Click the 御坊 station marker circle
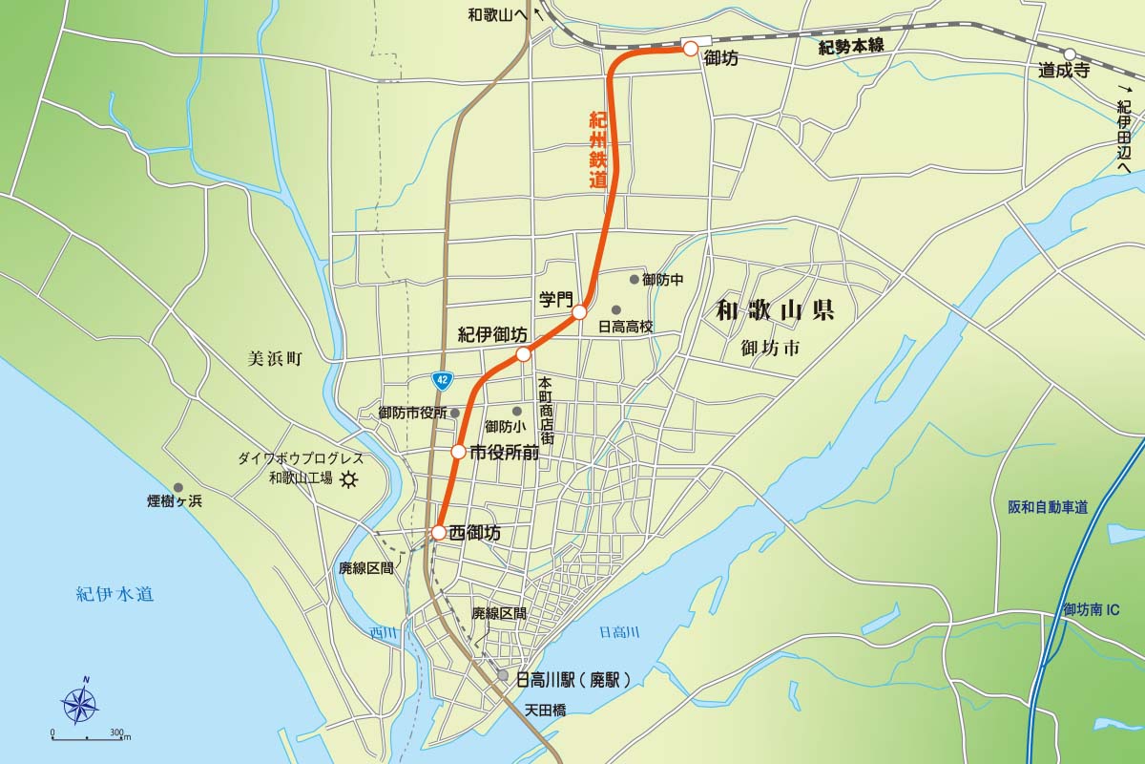[x=690, y=49]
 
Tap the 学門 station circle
[x=578, y=312]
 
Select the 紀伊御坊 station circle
[x=523, y=354]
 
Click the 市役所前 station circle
[x=458, y=452]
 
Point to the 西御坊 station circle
[x=438, y=532]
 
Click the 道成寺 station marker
[x=1071, y=54]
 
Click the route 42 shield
[x=441, y=379]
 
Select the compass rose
[x=81, y=705]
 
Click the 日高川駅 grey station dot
[x=502, y=675]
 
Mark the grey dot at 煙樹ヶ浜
[x=177, y=487]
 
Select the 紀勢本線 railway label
[x=853, y=48]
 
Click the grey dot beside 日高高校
[x=616, y=309]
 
